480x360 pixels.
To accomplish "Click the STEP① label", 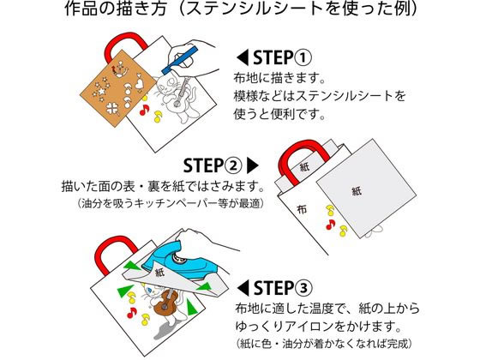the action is click(282, 57).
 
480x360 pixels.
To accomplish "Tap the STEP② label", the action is click(213, 165).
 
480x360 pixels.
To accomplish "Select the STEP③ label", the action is click(283, 288).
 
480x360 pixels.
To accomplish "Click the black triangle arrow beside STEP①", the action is click(243, 57).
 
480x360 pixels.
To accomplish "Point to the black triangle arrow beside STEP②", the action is click(253, 165).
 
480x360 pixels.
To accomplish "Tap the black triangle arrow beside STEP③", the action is click(243, 288).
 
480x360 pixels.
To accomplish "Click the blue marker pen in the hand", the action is click(179, 60).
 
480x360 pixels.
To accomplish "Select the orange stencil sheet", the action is click(118, 88).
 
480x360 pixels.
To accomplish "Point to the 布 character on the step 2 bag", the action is click(302, 209).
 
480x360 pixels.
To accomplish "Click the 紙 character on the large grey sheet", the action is click(357, 191).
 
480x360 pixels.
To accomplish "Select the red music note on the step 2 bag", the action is click(330, 225).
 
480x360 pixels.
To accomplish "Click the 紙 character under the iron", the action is click(159, 273).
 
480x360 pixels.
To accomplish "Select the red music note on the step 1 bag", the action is click(144, 110).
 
